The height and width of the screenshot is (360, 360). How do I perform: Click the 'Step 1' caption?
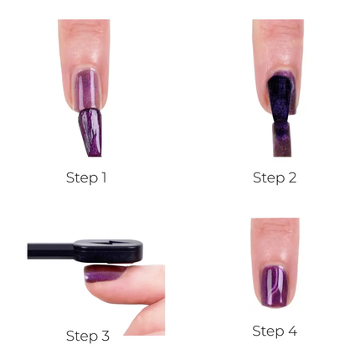pos(86,177)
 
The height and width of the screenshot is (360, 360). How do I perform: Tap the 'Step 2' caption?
pos(275,177)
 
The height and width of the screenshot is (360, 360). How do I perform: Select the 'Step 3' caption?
pos(87,336)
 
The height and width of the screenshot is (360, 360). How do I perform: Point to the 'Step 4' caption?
pos(275,331)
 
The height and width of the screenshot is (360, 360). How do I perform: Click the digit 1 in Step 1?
pos(103,177)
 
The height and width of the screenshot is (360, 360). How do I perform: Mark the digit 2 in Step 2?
pos(291,177)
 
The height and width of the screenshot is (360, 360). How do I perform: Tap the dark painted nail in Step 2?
pos(277,95)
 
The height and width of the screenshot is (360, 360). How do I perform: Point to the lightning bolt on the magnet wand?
pos(106,248)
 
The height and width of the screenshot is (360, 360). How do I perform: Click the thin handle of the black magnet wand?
pos(50,250)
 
